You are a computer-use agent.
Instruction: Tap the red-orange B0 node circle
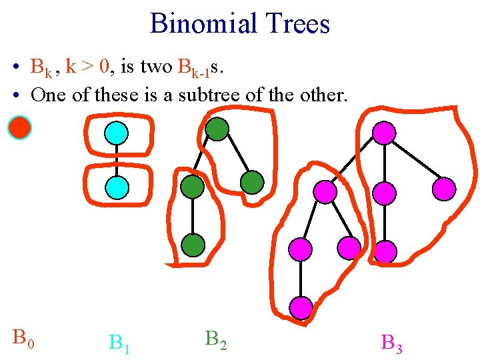pyautogui.click(x=19, y=127)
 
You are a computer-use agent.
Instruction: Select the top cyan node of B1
pyautogui.click(x=117, y=133)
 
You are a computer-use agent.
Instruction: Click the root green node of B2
pyautogui.click(x=217, y=129)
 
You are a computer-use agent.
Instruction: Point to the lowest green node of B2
pyautogui.click(x=193, y=246)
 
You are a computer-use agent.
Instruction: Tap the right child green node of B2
pyautogui.click(x=251, y=181)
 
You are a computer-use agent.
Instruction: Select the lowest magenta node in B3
pyautogui.click(x=301, y=307)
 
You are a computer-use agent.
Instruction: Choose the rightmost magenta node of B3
pyautogui.click(x=443, y=189)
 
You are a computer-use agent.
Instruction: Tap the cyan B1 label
pyautogui.click(x=119, y=343)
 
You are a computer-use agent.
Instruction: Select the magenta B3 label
pyautogui.click(x=391, y=343)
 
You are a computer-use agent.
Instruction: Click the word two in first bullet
pyautogui.click(x=156, y=67)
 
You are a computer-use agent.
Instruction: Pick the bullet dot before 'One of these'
pyautogui.click(x=14, y=95)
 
